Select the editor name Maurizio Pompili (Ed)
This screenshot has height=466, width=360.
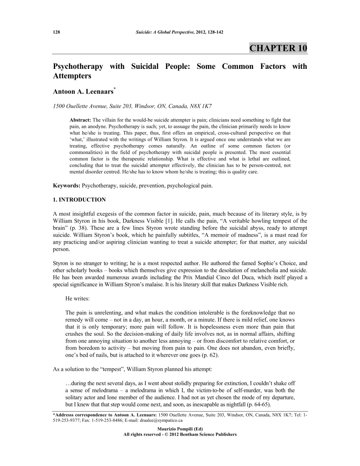(180, 428)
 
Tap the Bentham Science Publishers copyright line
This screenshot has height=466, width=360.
(180, 434)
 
